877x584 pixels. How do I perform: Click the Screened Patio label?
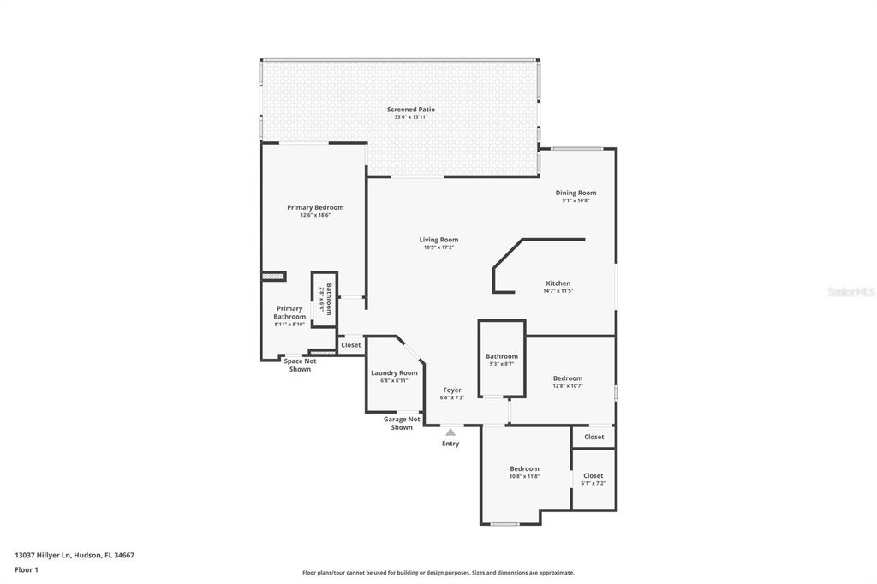click(x=411, y=110)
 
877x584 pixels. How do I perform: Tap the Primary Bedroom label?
click(x=315, y=207)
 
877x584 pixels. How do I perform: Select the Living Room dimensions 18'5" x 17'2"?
click(x=438, y=248)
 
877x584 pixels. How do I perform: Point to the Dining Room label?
click(x=576, y=193)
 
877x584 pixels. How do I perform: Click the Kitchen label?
click(x=558, y=283)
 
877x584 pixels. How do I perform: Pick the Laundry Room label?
click(x=394, y=372)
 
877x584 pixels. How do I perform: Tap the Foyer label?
click(x=451, y=390)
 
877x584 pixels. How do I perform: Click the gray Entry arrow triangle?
click(x=450, y=432)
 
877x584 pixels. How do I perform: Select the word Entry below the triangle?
click(x=450, y=444)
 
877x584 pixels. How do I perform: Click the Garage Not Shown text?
click(x=402, y=423)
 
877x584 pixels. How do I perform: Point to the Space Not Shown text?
click(x=300, y=365)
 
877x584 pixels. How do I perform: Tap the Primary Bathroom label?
click(x=289, y=313)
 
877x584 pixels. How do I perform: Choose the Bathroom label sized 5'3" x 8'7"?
click(x=502, y=356)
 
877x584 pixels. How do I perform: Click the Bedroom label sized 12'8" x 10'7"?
click(x=568, y=378)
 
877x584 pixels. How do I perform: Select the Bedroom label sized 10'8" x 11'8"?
click(x=525, y=468)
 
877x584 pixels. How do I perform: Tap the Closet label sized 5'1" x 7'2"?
click(x=594, y=475)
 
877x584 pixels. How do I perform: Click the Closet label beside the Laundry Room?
click(x=351, y=345)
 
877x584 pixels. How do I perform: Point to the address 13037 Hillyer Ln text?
click(x=75, y=555)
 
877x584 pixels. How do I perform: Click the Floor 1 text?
click(x=27, y=569)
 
